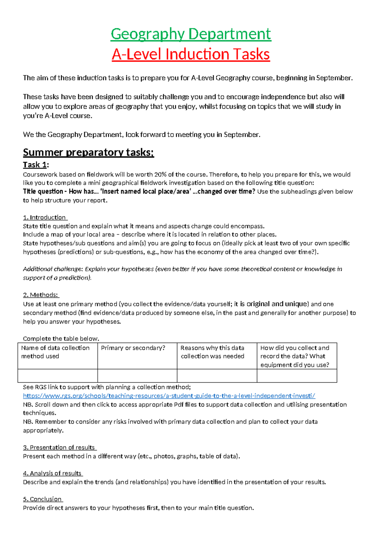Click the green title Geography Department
[x=191, y=34]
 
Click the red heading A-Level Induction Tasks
[x=191, y=54]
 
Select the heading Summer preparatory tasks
[x=88, y=153]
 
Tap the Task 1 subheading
[x=36, y=165]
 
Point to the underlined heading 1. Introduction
[x=45, y=217]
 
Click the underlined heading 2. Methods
[x=41, y=295]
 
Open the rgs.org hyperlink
[x=169, y=396]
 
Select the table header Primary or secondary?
[x=133, y=348]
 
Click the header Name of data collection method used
[x=55, y=352]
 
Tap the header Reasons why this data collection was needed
[x=212, y=352]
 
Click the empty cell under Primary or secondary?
[x=137, y=376]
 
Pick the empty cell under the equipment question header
[x=297, y=376]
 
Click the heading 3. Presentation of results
[x=60, y=447]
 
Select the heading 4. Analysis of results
[x=53, y=473]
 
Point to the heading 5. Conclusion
[x=43, y=499]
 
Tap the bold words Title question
[x=43, y=192]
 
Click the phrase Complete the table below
[x=61, y=338]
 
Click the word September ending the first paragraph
[x=334, y=78]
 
